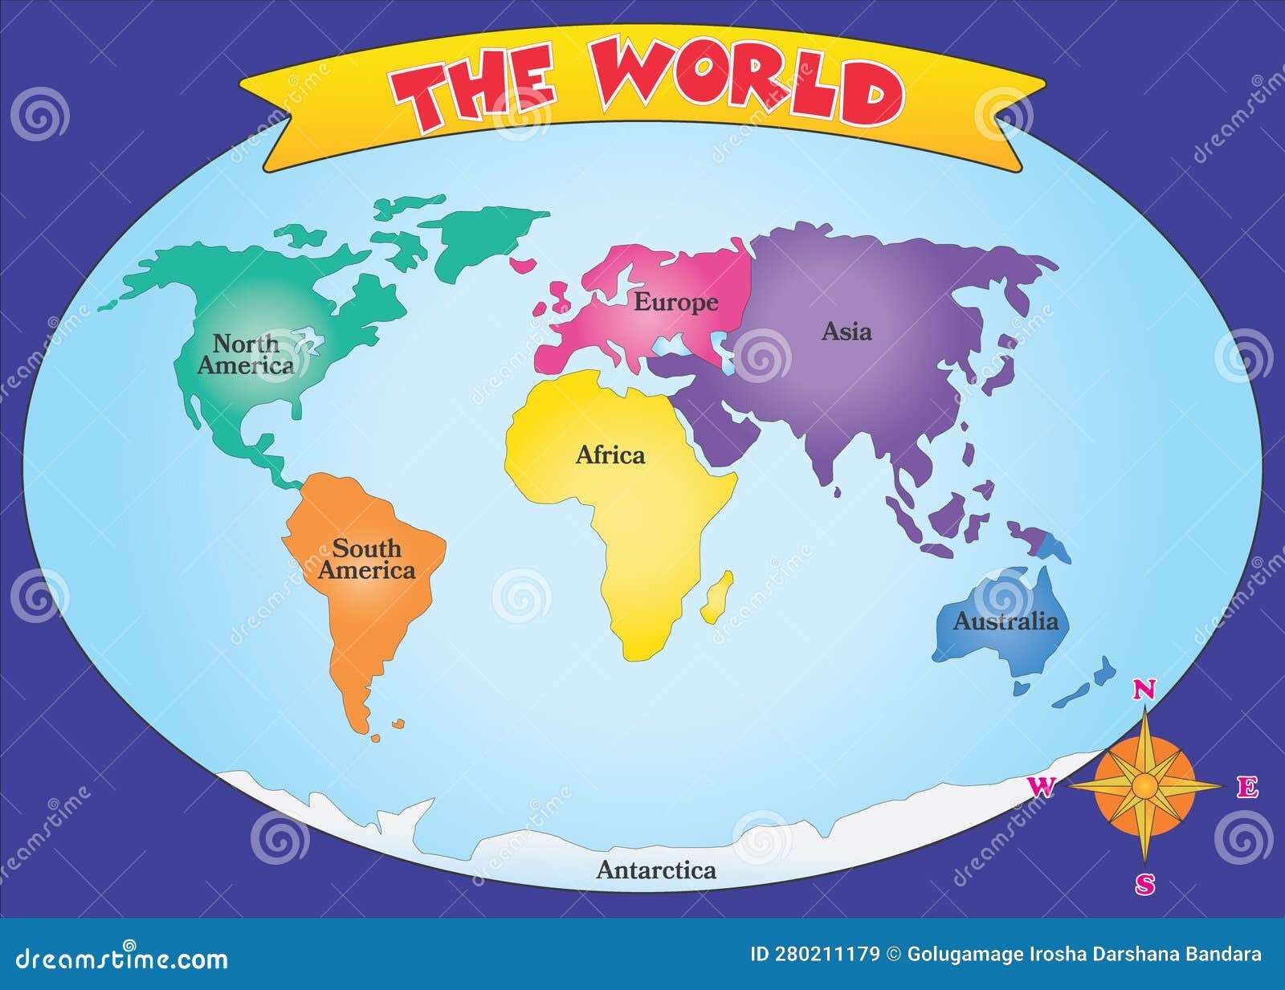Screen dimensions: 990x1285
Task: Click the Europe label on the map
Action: (675, 303)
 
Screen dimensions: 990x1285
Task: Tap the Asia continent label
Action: (846, 331)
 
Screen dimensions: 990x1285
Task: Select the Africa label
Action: (610, 455)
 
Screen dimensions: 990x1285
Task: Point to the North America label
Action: (246, 355)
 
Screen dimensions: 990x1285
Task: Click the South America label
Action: (367, 560)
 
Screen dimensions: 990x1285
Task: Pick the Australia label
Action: (1006, 621)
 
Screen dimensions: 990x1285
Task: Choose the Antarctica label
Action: (656, 870)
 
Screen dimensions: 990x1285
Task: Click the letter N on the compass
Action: (1144, 690)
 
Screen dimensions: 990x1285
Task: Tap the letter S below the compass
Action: (1145, 885)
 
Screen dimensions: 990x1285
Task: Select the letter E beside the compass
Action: (1246, 788)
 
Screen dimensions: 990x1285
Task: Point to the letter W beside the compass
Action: (1042, 788)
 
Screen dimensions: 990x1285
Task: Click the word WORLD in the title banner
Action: (747, 84)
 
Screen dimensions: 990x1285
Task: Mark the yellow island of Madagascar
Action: (717, 597)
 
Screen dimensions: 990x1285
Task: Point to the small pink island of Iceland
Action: (524, 263)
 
